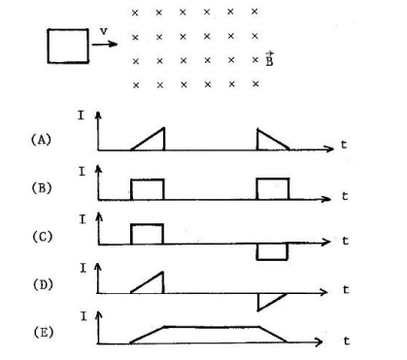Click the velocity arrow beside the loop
105,44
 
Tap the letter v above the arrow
102,30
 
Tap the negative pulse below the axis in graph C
271,252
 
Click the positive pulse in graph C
147,234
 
